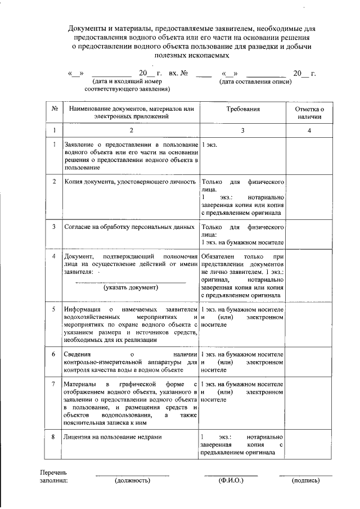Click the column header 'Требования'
pos(242,107)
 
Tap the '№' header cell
pos(54,108)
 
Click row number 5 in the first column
pos(54,309)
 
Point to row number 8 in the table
pos(54,437)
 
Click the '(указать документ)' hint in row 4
pos(130,287)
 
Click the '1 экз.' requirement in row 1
pos(209,145)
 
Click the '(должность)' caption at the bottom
pos(132,481)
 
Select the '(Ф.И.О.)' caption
pos(230,481)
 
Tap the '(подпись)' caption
pos(305,481)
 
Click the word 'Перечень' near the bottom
pos(53,472)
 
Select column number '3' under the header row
pos(242,130)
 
